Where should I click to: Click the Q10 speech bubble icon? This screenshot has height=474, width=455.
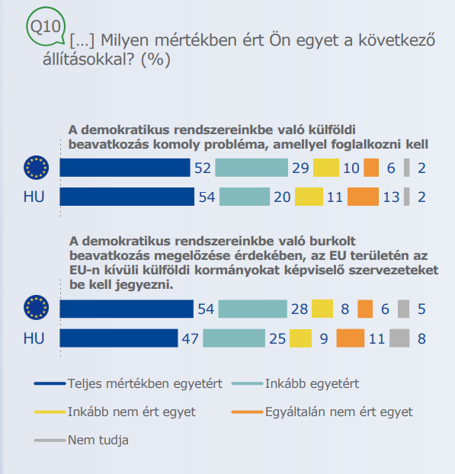[x=46, y=27]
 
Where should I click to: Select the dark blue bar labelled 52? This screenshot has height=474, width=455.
[x=125, y=168]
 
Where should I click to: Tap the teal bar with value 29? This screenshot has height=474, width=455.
[x=252, y=168]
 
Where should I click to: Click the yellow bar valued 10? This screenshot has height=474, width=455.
[x=326, y=168]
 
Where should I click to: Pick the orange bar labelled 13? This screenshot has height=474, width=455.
[x=363, y=197]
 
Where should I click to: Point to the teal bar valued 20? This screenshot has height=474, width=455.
[x=245, y=197]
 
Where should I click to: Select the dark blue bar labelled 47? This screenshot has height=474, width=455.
[x=119, y=338]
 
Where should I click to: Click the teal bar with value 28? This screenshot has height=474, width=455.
[x=253, y=309]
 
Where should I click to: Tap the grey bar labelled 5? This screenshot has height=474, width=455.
[x=404, y=309]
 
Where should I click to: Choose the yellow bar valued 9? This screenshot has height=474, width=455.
[x=300, y=338]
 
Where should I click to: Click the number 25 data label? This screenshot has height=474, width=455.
[x=277, y=338]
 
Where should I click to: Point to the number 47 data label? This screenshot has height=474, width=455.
[x=191, y=338]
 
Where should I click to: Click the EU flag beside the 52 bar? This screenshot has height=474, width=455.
[x=37, y=168]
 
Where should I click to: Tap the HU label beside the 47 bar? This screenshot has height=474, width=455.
[x=34, y=338]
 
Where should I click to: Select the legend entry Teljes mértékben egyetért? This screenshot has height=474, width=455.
[x=129, y=383]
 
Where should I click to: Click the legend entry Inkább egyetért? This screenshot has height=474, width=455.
[x=296, y=383]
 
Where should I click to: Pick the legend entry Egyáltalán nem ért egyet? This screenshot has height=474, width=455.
[x=322, y=412]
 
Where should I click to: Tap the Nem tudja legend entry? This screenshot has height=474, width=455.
[x=82, y=440]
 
